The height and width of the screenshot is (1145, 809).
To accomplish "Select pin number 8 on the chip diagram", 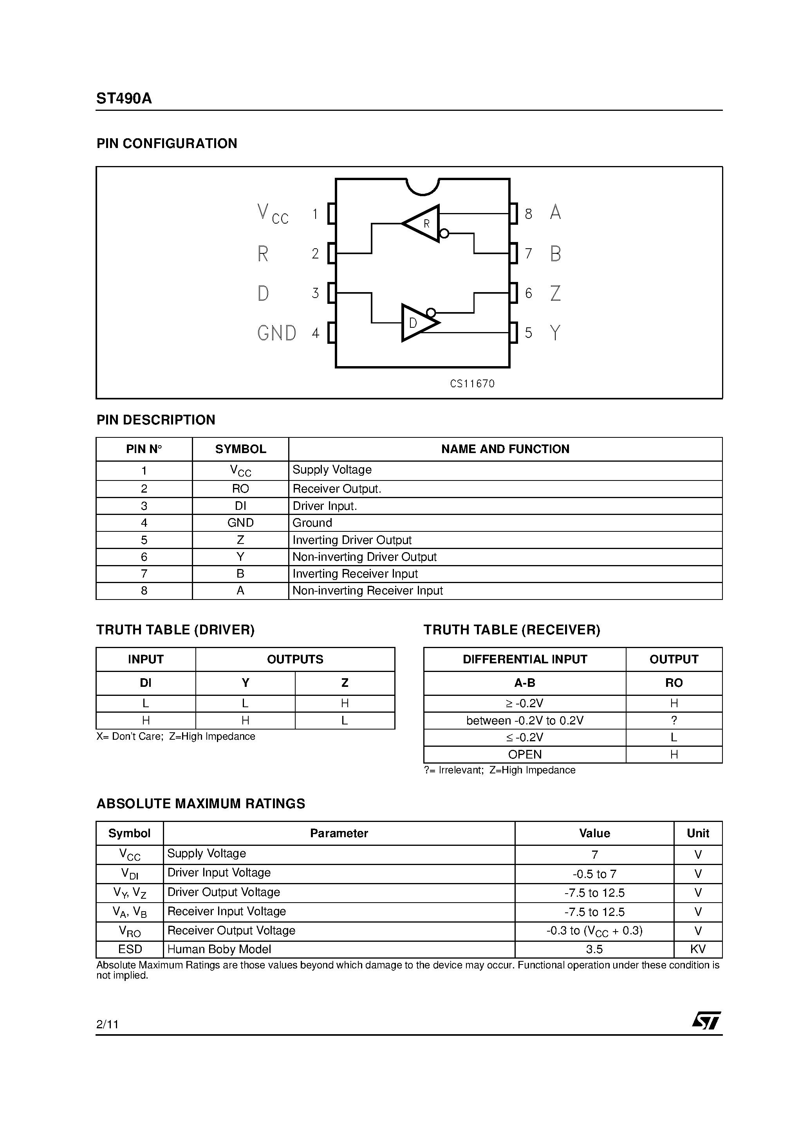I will click(528, 214).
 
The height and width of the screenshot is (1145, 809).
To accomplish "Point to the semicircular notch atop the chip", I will click(423, 186).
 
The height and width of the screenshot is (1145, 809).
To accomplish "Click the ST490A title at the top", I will click(124, 99).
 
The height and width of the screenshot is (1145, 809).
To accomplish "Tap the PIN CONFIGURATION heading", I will click(166, 144).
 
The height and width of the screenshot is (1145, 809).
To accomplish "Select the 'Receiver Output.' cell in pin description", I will click(337, 489).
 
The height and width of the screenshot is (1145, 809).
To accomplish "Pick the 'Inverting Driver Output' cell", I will click(352, 540).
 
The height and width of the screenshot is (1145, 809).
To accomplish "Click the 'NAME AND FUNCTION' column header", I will click(505, 449).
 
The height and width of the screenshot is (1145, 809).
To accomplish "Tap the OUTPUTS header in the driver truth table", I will click(295, 659).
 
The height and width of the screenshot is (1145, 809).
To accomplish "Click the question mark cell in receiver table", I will click(674, 721).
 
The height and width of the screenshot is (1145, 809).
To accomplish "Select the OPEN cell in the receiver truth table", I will click(525, 755).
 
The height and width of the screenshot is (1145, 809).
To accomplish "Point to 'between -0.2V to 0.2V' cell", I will click(525, 721).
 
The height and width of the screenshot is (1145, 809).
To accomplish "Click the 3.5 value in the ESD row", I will click(594, 950).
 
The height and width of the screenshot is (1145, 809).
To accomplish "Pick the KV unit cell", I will click(697, 950).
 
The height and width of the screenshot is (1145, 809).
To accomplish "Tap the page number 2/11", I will click(107, 1024).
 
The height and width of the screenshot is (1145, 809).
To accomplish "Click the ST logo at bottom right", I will click(706, 1020).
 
